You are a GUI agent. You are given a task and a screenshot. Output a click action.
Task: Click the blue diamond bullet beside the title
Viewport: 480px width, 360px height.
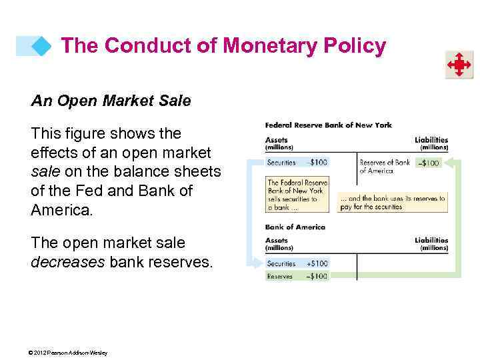42,46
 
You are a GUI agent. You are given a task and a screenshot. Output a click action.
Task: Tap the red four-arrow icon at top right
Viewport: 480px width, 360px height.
459,65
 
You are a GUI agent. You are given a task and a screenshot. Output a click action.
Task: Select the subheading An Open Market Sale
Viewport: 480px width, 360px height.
111,101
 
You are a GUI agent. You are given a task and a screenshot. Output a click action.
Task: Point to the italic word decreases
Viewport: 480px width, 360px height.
68,262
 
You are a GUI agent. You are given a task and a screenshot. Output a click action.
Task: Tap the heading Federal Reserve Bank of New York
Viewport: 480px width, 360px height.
328,125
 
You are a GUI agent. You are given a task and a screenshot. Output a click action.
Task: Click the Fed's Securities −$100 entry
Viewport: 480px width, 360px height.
297,163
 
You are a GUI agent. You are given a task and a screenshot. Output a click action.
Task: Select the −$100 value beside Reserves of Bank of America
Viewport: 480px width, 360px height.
428,163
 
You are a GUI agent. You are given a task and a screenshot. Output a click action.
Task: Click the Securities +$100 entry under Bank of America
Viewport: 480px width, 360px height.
297,263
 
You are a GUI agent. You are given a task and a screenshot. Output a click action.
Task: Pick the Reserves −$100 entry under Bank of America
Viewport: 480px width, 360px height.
297,276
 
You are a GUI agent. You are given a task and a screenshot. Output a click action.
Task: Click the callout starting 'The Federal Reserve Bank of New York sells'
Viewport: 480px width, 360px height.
297,195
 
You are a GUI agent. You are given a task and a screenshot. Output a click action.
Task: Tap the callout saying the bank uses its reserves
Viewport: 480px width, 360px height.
391,203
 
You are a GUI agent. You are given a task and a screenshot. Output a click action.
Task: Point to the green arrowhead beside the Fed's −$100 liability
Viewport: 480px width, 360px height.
449,162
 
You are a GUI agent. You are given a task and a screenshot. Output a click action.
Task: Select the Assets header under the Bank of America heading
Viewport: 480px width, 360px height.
277,243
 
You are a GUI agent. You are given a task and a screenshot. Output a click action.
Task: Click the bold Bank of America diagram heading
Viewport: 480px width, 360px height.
295,227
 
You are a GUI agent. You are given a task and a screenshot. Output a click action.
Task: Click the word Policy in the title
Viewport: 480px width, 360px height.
353,45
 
